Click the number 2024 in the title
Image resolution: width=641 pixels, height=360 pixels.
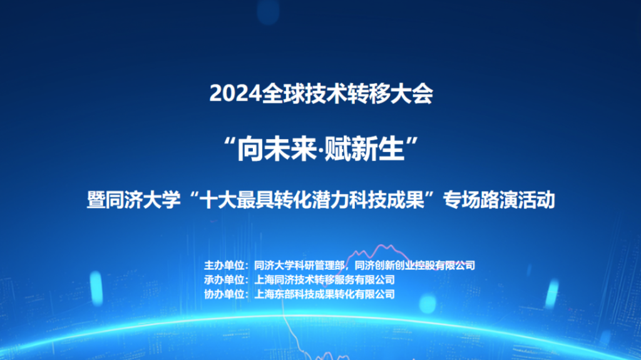235,94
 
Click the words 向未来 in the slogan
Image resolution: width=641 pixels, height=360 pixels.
277,149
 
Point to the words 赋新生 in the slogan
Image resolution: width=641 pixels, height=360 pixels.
364,149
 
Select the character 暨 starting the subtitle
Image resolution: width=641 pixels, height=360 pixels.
96,200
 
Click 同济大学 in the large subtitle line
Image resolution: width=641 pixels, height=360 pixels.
143,200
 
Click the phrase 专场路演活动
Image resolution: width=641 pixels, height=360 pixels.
499,200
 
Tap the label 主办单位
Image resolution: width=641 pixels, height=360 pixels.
224,265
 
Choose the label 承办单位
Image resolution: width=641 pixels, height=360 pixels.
224,280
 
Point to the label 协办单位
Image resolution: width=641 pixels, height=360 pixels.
224,294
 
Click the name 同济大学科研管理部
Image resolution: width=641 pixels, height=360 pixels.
299,265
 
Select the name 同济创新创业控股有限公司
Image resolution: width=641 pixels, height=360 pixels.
414,265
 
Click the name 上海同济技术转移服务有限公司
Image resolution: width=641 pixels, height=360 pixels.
325,280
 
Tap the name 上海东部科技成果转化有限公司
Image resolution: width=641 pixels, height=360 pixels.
325,294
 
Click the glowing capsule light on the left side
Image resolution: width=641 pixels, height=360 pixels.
96,289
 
